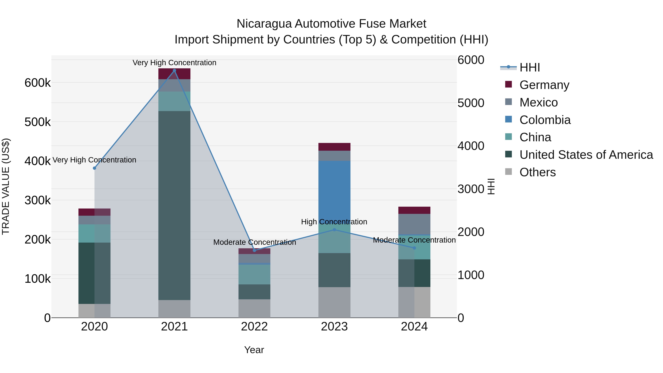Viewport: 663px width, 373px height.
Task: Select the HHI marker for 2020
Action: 94,168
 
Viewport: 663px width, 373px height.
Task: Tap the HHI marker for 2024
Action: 414,248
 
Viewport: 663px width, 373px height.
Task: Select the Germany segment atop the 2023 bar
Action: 334,147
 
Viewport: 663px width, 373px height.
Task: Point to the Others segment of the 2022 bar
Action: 254,308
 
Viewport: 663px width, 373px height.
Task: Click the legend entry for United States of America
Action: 586,155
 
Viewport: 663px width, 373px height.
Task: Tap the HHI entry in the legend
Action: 530,67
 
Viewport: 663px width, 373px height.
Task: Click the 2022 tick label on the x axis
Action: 254,327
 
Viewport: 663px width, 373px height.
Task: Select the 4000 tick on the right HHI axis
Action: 471,146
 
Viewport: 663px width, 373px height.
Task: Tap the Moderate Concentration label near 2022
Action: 255,242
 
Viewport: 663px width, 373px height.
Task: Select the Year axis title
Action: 254,350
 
